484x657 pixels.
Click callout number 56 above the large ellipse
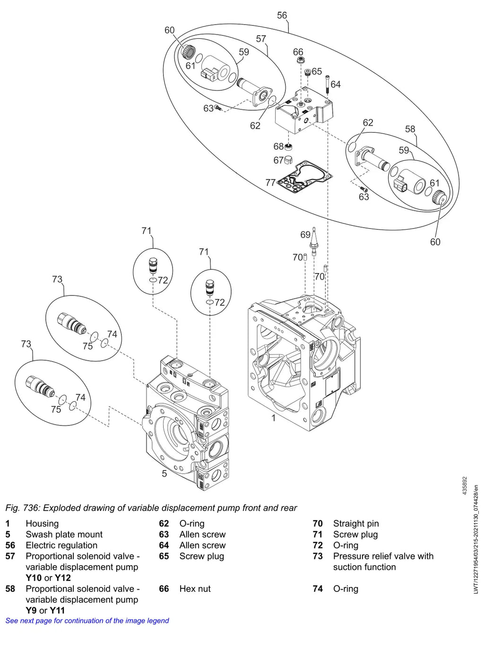click(x=282, y=15)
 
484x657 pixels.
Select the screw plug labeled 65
click(x=308, y=72)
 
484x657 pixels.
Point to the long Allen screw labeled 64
click(x=328, y=84)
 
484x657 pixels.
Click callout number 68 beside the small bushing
click(x=278, y=146)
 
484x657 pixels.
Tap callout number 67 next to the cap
click(x=278, y=160)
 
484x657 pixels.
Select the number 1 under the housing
click(x=274, y=418)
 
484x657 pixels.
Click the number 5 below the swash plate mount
click(x=164, y=474)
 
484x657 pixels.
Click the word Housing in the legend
click(x=42, y=524)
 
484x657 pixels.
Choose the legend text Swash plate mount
click(x=64, y=534)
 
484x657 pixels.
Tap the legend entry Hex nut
click(x=195, y=588)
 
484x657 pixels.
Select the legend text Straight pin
click(x=356, y=524)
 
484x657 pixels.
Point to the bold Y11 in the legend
click(x=57, y=610)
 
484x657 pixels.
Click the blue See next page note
click(x=87, y=621)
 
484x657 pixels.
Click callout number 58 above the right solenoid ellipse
click(x=410, y=129)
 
